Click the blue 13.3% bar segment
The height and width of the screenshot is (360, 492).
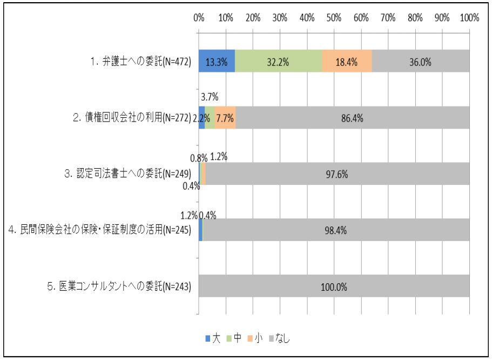click(x=217, y=61)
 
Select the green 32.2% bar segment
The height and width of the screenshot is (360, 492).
click(x=278, y=61)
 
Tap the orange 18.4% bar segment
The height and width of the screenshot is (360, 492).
click(x=347, y=61)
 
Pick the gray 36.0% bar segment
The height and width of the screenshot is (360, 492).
click(x=420, y=61)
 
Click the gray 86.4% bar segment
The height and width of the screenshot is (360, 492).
click(x=352, y=118)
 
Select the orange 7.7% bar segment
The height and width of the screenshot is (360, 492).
click(x=225, y=118)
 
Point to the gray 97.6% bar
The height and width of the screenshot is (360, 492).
click(x=338, y=174)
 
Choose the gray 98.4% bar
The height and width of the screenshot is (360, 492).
click(x=336, y=230)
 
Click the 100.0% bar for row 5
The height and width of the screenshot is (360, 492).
click(x=334, y=286)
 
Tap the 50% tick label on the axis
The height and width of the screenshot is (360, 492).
click(x=334, y=17)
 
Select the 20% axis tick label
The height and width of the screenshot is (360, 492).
click(x=253, y=17)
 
